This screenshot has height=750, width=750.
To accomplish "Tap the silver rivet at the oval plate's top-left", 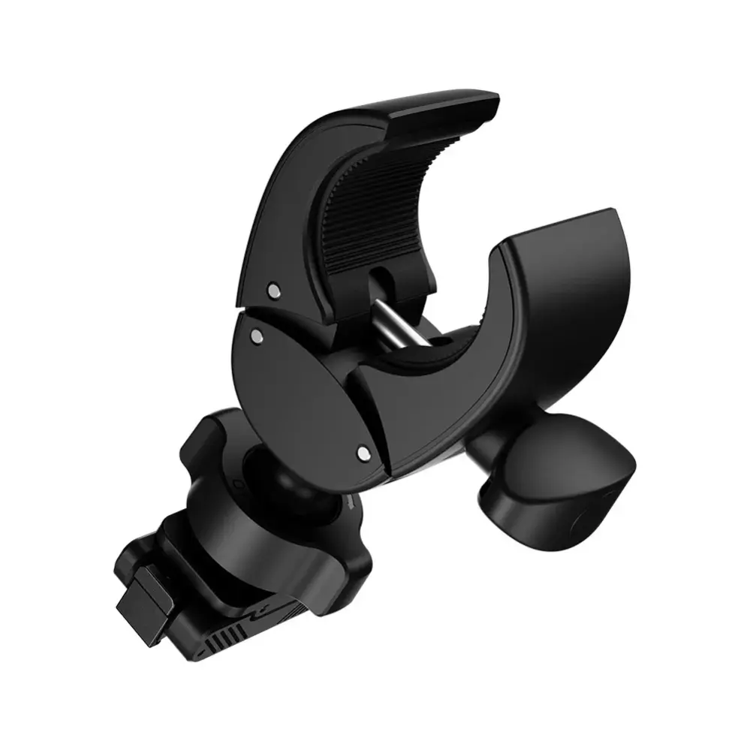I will pos(258,337).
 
